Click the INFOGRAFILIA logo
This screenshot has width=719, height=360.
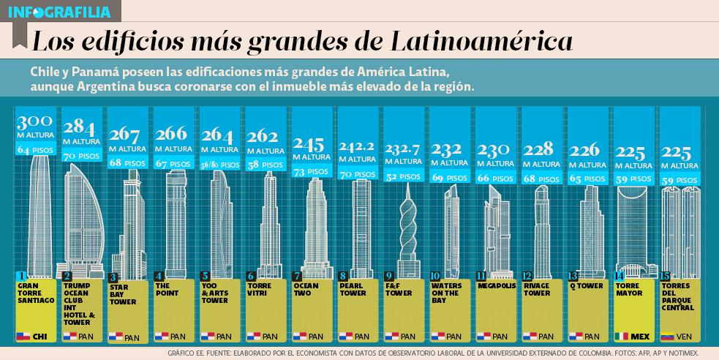[x=59, y=12]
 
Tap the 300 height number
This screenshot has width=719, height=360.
[x=34, y=123]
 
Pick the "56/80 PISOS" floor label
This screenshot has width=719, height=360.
[x=219, y=165]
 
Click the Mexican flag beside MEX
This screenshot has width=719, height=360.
[x=622, y=337]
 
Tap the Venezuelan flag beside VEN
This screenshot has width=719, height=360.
[x=668, y=337]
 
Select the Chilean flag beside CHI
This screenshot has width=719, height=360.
[x=23, y=337]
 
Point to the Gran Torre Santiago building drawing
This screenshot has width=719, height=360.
[x=34, y=216]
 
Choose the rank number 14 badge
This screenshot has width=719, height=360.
[x=619, y=276]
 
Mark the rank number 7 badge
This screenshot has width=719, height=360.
[x=297, y=277]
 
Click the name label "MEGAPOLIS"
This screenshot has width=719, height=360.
[x=497, y=286]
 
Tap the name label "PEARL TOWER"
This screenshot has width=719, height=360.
[x=353, y=290]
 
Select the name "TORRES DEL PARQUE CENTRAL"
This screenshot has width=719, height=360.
[x=677, y=297]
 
